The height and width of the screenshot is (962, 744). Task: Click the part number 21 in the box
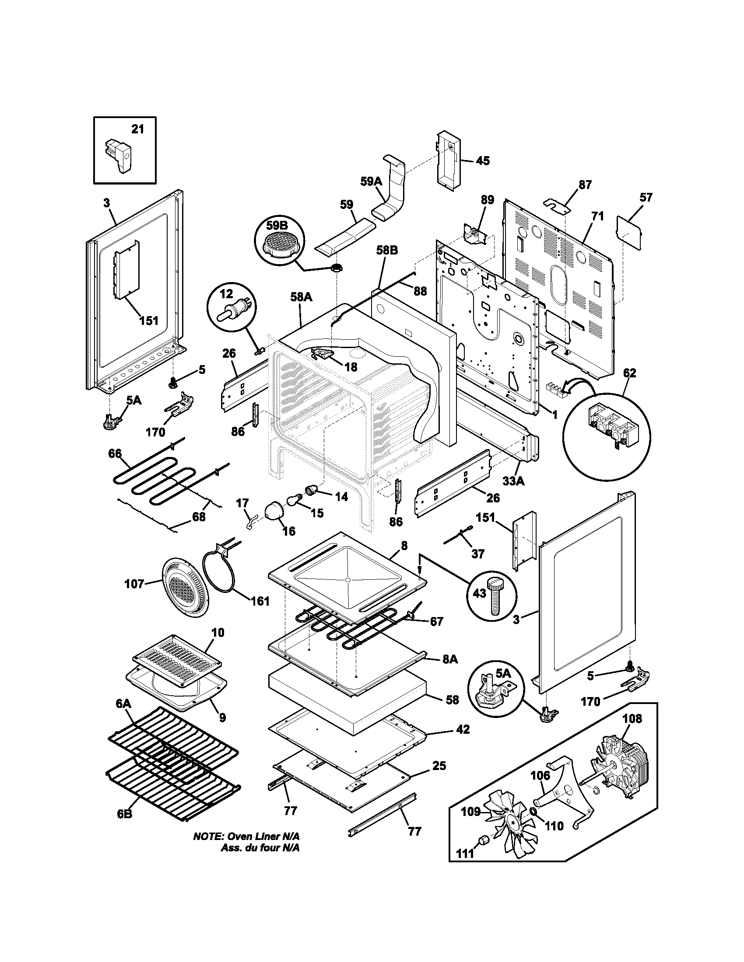[137, 129]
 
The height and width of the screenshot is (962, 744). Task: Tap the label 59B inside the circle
[276, 226]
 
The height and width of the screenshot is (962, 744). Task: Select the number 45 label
[483, 161]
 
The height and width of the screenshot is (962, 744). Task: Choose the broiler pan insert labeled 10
[177, 654]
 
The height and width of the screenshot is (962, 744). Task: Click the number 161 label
[260, 601]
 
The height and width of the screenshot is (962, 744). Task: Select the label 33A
[513, 481]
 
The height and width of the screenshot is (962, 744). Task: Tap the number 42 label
[463, 729]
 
